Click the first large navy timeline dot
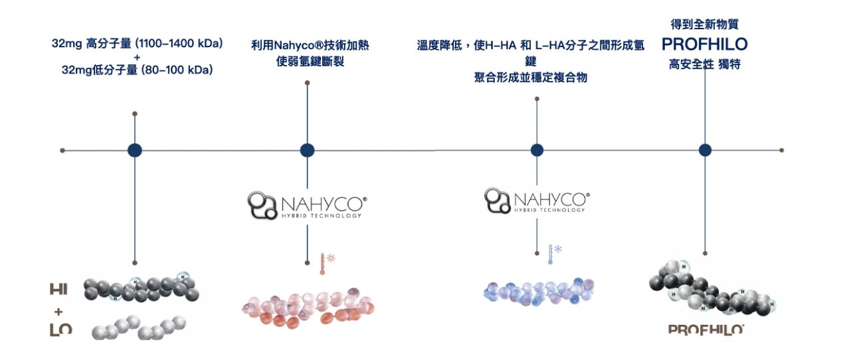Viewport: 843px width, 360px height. pos(135,150)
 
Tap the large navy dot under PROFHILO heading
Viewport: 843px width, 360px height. pos(705,150)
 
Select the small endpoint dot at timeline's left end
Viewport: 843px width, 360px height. pos(62,150)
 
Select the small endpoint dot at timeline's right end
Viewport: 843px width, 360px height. pos(782,150)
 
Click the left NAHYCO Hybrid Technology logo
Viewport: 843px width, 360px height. pos(307,205)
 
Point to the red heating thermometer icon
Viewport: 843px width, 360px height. pos(324,263)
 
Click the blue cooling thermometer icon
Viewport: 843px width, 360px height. pos(552,254)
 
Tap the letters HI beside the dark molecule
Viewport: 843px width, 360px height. pos(58,290)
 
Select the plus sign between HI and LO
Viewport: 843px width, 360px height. pos(58,311)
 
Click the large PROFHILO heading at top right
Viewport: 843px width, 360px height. pos(704,45)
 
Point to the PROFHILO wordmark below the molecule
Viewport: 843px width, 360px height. pos(705,329)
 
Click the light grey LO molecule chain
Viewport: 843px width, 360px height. pos(138,327)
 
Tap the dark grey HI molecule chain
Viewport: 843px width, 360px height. pos(141,288)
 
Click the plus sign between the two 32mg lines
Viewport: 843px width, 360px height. pos(137,57)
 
